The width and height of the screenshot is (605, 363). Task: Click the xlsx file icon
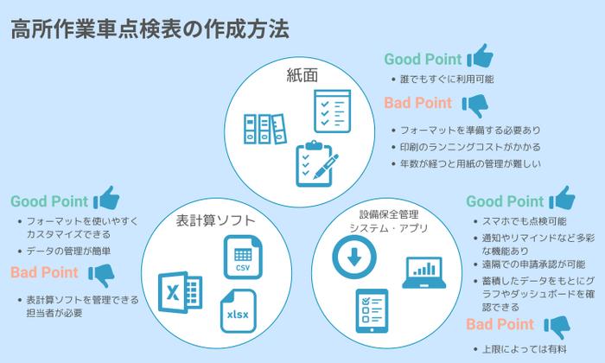(238, 309)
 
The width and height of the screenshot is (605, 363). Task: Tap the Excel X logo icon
(180, 292)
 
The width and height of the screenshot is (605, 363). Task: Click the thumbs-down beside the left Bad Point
(102, 274)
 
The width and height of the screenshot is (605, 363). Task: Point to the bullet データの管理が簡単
(70, 251)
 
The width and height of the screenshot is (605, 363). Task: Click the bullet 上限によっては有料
(516, 348)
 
